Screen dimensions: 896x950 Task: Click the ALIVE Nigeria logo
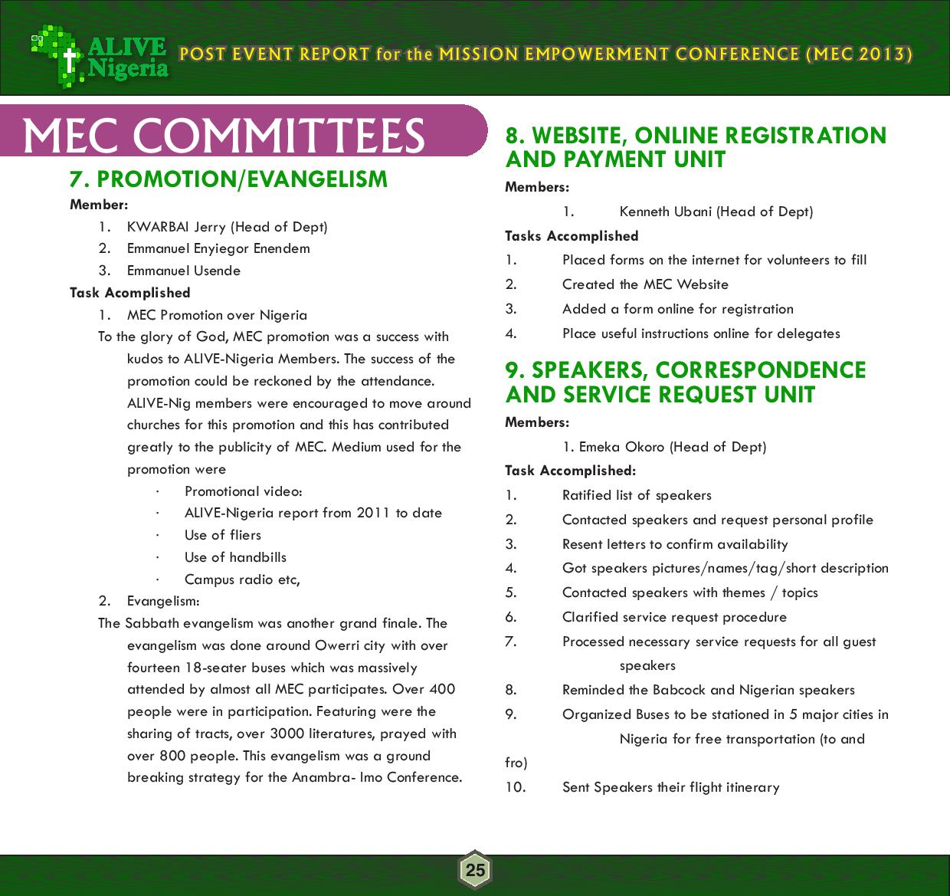click(100, 55)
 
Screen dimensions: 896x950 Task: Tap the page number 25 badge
click(475, 870)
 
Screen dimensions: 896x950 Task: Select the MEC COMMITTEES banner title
click(224, 135)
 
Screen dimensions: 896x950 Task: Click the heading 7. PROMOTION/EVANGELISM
click(228, 179)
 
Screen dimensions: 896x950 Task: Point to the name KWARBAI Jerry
click(176, 227)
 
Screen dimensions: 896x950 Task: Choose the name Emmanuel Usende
click(184, 271)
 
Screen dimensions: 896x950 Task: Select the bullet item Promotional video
click(244, 491)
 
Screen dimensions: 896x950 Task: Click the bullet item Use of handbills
click(235, 557)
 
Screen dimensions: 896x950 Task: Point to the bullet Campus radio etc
click(242, 579)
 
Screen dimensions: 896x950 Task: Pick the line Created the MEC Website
click(645, 284)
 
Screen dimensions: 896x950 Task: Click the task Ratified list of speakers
click(637, 495)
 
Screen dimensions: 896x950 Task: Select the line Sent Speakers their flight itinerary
click(670, 787)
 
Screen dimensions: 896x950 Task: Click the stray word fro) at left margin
click(516, 763)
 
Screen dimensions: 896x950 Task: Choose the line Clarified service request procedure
click(674, 617)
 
